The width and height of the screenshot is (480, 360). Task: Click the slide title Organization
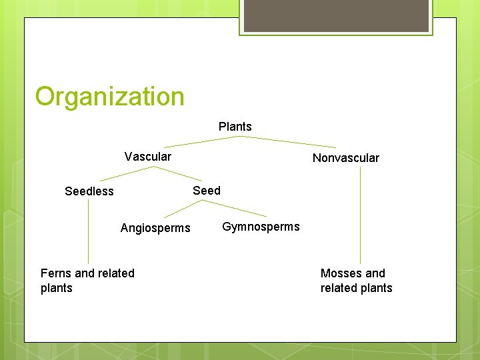pyautogui.click(x=109, y=97)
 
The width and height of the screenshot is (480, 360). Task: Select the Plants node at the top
pyautogui.click(x=235, y=127)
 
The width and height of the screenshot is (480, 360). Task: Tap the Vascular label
pyautogui.click(x=147, y=157)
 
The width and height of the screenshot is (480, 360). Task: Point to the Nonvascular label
pyautogui.click(x=345, y=158)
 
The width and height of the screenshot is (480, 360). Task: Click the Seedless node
pyautogui.click(x=89, y=191)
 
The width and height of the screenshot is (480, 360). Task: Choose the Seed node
pyautogui.click(x=206, y=191)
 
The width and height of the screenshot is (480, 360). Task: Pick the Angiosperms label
pyautogui.click(x=155, y=228)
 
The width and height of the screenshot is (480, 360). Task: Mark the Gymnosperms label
pyautogui.click(x=261, y=227)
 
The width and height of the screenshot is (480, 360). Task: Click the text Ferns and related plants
pyautogui.click(x=87, y=281)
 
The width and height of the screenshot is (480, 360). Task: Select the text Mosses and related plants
pyautogui.click(x=356, y=281)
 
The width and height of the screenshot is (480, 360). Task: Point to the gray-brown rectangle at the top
pyautogui.click(x=336, y=15)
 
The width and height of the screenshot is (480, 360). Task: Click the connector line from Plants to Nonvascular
pyautogui.click(x=288, y=141)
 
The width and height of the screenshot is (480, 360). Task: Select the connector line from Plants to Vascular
pyautogui.click(x=201, y=141)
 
